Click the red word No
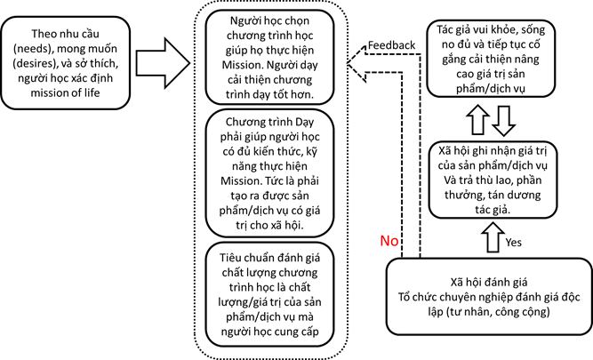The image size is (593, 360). coord(389,241)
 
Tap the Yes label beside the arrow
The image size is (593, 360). coord(513,242)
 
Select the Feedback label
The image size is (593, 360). coord(391,45)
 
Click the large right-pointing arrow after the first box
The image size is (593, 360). coord(163,63)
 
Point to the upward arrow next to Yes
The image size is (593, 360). coord(493,237)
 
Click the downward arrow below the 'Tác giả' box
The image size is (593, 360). coord(504,121)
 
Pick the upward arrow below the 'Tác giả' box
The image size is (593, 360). coord(478,119)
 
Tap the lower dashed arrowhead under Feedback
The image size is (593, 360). coord(357,73)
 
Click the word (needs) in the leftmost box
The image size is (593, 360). coord(31,49)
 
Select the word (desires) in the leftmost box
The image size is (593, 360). coord(35,63)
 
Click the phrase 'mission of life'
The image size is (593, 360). coord(65,92)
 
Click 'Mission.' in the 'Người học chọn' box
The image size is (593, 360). coord(243,65)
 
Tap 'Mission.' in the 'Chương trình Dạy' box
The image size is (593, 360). coord(241,180)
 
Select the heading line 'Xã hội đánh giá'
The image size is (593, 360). coord(489,283)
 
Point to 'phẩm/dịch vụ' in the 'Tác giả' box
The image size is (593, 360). coord(490,89)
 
